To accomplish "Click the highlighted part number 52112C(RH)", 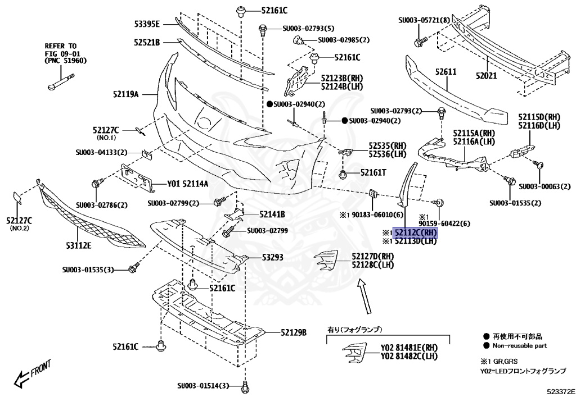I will [416, 232].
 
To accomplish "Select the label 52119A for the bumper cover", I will [128, 94].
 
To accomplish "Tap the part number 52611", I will [445, 72].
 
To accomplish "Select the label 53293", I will [272, 258].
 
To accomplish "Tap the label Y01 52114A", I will [188, 184].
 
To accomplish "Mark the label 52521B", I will [147, 42].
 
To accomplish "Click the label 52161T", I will [373, 172].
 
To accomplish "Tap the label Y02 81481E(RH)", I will [409, 348].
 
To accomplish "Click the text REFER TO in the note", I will [61, 45].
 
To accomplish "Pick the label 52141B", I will [272, 215].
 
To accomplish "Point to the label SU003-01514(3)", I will [204, 386].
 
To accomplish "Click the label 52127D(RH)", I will [373, 256].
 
